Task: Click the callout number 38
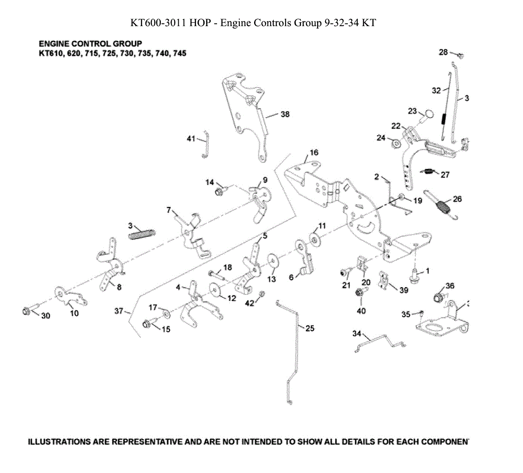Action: point(285,114)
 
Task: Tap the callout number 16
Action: point(314,152)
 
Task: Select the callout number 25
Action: point(310,328)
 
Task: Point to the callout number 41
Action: point(191,139)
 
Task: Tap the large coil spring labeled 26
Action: point(444,206)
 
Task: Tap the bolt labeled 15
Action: point(147,324)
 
